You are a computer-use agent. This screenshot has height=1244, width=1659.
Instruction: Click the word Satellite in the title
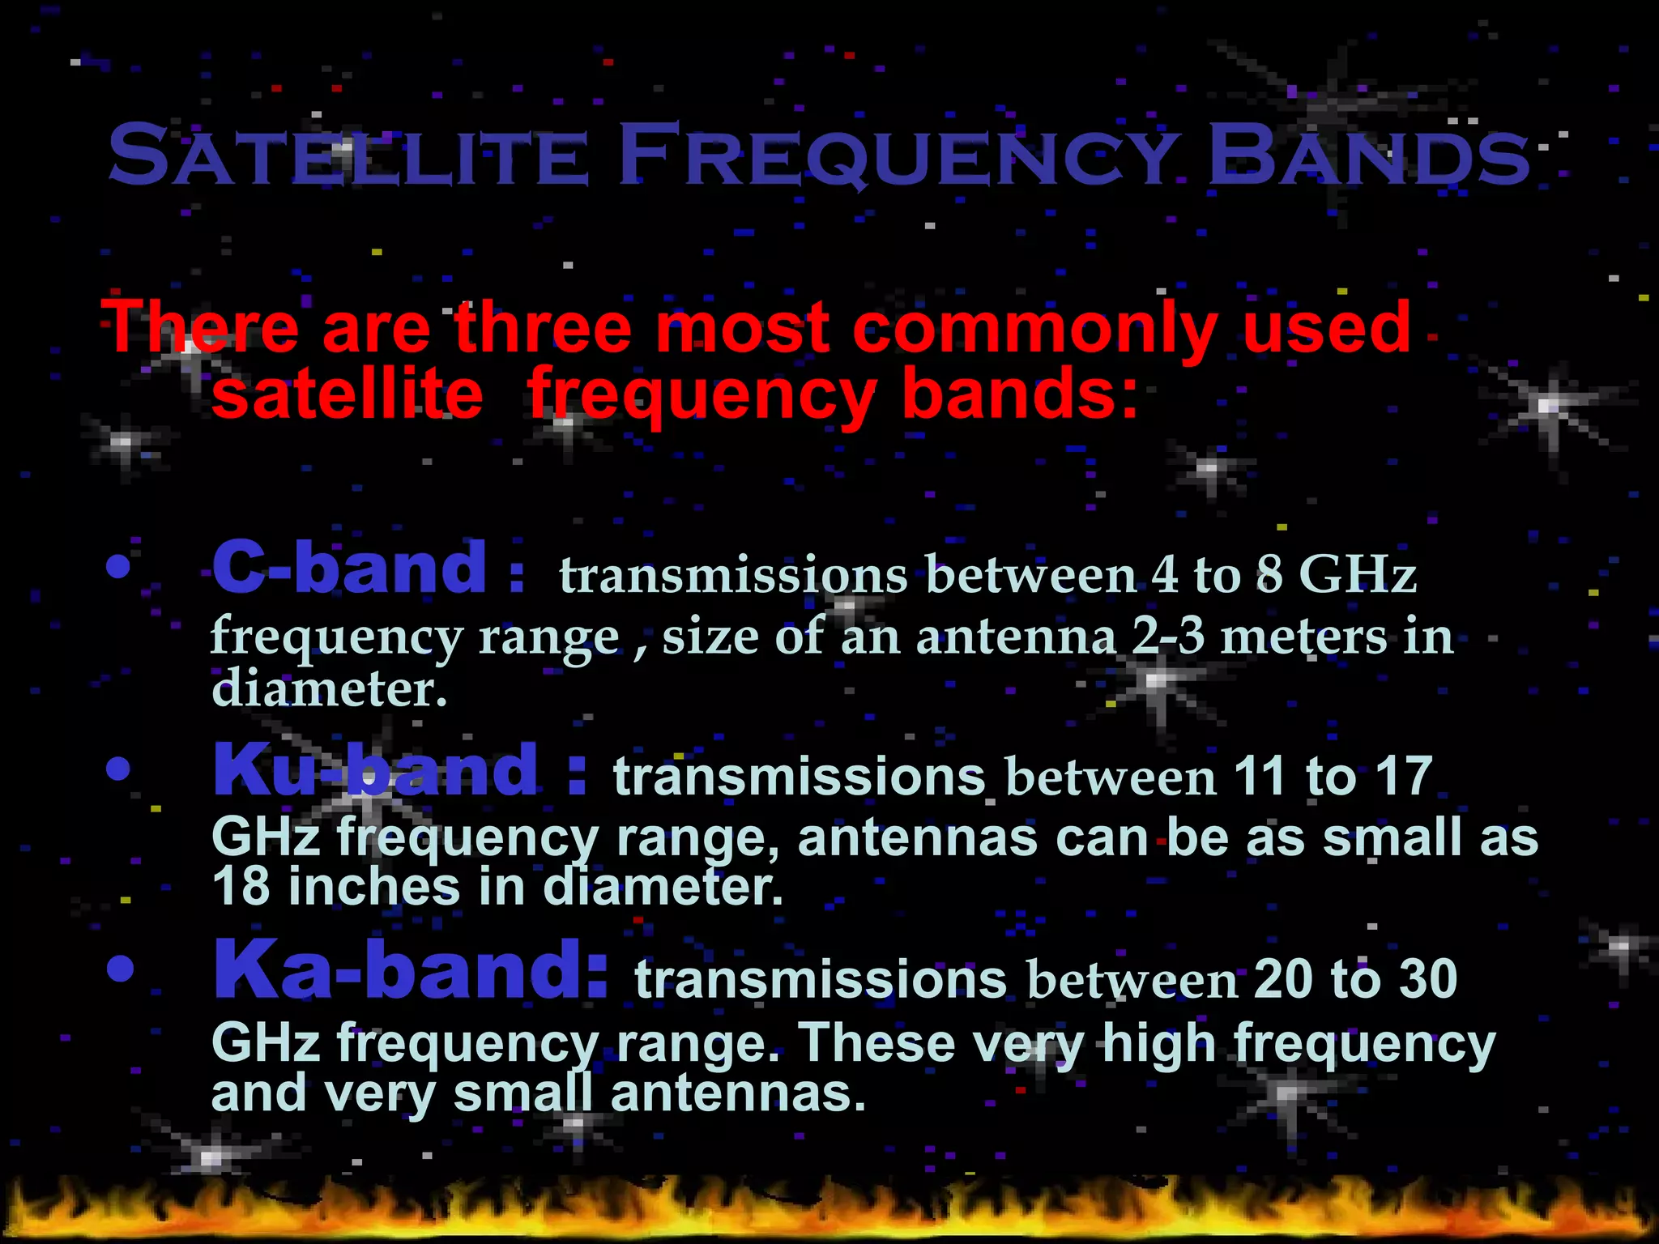tap(348, 155)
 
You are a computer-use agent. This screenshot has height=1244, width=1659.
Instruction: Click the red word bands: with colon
tap(1020, 394)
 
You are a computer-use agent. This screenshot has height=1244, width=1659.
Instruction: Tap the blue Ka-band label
tap(409, 971)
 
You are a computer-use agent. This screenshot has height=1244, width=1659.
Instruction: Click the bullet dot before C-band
tap(118, 568)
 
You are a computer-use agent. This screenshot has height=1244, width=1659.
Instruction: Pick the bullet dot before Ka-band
tap(119, 969)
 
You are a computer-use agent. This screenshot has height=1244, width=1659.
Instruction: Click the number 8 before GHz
tap(1269, 574)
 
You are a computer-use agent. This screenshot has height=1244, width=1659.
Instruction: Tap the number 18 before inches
tap(241, 888)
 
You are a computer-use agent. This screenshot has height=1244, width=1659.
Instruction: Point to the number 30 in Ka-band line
tap(1429, 979)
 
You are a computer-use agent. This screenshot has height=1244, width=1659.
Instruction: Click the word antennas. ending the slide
tap(738, 1094)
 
